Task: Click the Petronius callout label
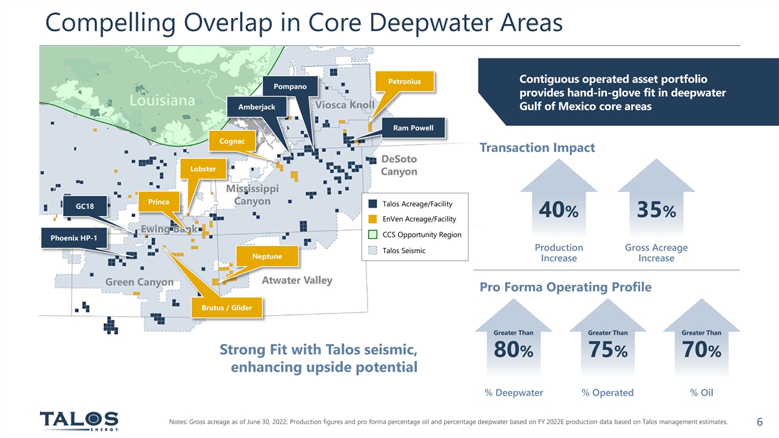[x=405, y=81]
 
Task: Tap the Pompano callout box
[x=290, y=86]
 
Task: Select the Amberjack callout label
[x=256, y=106]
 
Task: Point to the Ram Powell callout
[x=413, y=128]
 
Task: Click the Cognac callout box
[x=232, y=141]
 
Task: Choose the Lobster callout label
[x=203, y=169]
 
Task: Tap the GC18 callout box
[x=85, y=206]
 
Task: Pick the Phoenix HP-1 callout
[x=74, y=238]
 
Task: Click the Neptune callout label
[x=267, y=256]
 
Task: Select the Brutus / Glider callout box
[x=227, y=308]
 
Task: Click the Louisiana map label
[x=162, y=101]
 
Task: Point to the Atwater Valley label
[x=297, y=280]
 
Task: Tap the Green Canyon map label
[x=139, y=282]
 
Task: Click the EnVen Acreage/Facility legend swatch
[x=373, y=219]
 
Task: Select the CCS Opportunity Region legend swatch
[x=373, y=235]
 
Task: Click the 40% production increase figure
[x=558, y=210]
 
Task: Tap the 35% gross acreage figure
[x=656, y=210]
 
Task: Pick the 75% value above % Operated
[x=608, y=349]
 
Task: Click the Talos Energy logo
[x=79, y=420]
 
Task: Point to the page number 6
[x=760, y=422]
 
